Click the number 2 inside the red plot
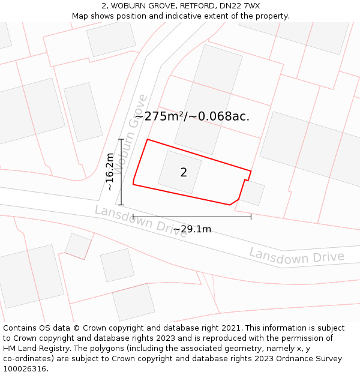click(x=184, y=173)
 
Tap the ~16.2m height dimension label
click(x=110, y=172)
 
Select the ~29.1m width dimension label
click(x=192, y=229)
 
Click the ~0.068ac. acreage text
click(x=220, y=116)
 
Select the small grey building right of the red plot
click(x=252, y=193)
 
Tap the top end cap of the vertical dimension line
click(x=121, y=139)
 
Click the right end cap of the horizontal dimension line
click(x=251, y=217)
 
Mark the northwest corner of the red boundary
click(x=148, y=140)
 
